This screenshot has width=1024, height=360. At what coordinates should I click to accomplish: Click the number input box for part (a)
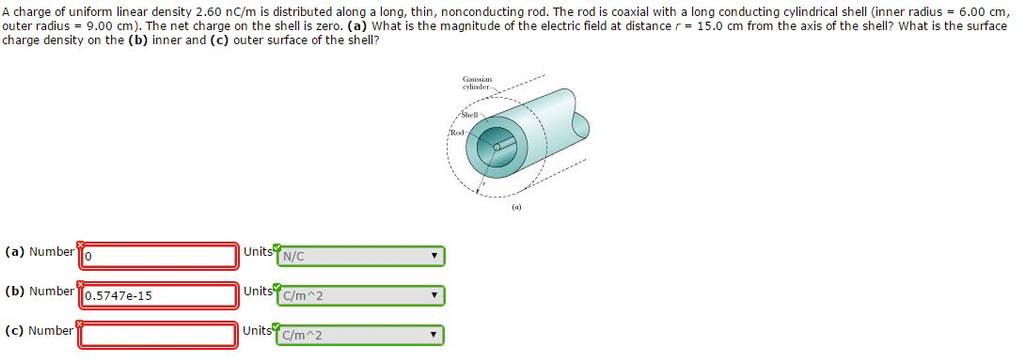pyautogui.click(x=157, y=256)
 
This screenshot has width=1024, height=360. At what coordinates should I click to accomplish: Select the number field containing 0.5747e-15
pyautogui.click(x=157, y=295)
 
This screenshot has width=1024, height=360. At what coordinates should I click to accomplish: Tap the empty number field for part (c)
pyautogui.click(x=157, y=335)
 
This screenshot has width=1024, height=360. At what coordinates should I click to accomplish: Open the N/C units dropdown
pyautogui.click(x=360, y=256)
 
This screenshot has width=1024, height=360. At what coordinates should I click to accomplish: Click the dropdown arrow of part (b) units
pyautogui.click(x=433, y=295)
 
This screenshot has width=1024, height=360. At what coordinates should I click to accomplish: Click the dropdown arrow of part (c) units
pyautogui.click(x=433, y=335)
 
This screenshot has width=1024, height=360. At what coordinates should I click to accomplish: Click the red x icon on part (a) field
pyautogui.click(x=80, y=244)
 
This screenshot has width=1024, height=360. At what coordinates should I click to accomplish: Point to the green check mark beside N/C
pyautogui.click(x=277, y=247)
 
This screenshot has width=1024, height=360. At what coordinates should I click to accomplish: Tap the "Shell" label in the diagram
pyautogui.click(x=470, y=114)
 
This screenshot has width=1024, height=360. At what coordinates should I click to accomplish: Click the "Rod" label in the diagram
pyautogui.click(x=456, y=132)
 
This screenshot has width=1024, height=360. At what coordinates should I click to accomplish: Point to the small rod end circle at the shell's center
pyautogui.click(x=497, y=148)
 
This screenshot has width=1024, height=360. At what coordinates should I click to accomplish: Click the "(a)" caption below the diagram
pyautogui.click(x=517, y=206)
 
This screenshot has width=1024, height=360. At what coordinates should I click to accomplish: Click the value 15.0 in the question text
pyautogui.click(x=709, y=27)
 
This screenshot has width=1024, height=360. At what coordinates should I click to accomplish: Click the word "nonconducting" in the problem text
pyautogui.click(x=479, y=14)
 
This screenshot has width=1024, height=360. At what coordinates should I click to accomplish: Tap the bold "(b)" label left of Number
pyautogui.click(x=14, y=291)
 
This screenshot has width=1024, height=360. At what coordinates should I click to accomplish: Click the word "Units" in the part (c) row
pyautogui.click(x=257, y=331)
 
